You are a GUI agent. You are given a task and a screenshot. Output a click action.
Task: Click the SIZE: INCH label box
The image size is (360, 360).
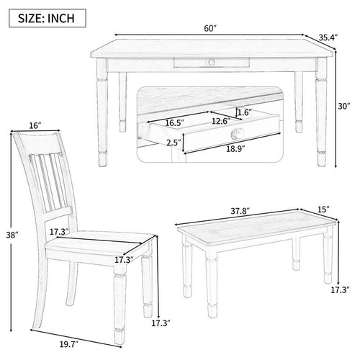[x=48, y=18]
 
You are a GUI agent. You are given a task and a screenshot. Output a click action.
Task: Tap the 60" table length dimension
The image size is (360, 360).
[x=210, y=28]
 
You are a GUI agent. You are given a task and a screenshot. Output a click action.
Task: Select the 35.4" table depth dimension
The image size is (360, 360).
[x=328, y=37]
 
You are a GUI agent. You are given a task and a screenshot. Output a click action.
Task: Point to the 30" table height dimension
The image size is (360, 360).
[x=344, y=106]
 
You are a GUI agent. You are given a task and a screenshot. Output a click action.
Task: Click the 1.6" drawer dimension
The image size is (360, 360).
[x=243, y=112]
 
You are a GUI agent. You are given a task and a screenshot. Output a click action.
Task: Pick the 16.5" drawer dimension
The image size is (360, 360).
[x=174, y=122]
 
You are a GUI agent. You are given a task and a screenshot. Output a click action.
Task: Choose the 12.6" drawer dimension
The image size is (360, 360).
[x=221, y=121]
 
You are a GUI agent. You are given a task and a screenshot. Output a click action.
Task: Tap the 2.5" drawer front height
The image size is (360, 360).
[x=174, y=143]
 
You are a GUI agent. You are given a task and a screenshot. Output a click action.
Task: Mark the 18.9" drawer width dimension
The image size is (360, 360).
[x=235, y=148]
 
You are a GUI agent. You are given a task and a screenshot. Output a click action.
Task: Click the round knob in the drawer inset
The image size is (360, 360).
[x=238, y=133]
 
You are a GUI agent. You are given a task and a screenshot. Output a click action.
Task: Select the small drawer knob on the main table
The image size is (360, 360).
[x=211, y=62]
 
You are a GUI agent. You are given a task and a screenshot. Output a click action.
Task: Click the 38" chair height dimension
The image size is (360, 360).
[x=12, y=235]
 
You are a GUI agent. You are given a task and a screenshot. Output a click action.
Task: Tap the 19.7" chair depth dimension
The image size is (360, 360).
[x=69, y=345]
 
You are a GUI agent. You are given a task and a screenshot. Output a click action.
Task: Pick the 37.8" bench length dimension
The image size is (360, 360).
[x=240, y=211]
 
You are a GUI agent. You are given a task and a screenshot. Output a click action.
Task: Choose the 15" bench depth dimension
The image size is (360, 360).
[x=323, y=210]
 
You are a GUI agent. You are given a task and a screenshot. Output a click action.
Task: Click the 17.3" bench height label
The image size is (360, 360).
[x=341, y=290]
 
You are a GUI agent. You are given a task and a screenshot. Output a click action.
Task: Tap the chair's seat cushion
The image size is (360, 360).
[x=100, y=240]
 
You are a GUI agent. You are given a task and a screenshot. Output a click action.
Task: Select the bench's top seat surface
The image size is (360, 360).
[x=256, y=228]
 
